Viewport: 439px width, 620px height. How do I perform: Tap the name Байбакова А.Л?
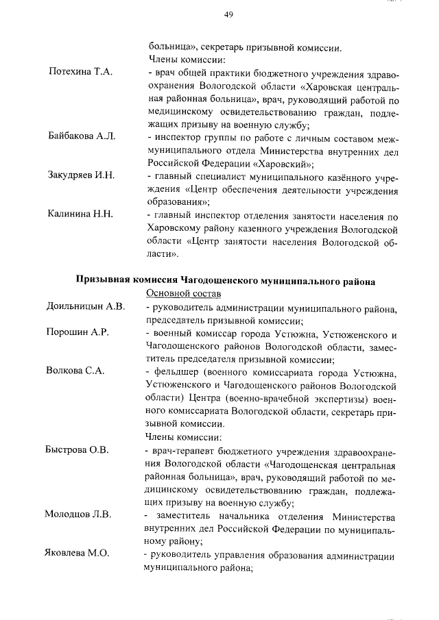82,137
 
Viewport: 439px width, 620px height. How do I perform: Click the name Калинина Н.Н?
80,215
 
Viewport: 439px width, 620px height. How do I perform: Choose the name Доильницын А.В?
85,306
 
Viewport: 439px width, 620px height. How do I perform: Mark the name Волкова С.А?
75,371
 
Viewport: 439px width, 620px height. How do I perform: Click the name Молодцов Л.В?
78,514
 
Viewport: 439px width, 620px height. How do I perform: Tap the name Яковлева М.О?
78,554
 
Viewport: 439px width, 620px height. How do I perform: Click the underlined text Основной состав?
183,293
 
